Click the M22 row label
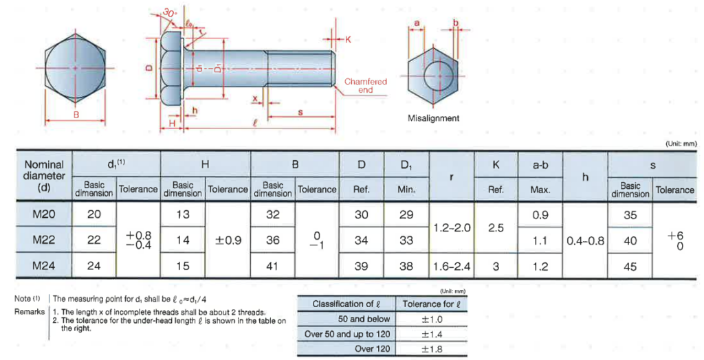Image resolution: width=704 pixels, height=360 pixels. (x=44, y=240)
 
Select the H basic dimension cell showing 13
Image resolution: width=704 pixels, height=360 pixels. (x=183, y=214)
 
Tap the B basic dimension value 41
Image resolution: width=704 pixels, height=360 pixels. (x=273, y=266)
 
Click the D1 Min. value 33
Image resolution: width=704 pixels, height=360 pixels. (x=406, y=240)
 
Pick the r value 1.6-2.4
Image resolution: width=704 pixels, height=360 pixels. (x=452, y=266)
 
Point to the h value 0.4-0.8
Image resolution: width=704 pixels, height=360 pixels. (x=585, y=240)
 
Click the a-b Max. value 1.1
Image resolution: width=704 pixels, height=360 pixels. (x=540, y=240)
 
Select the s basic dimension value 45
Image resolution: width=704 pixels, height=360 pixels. (x=630, y=266)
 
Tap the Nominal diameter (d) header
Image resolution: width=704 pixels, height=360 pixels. (x=44, y=176)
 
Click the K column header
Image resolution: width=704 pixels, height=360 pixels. (x=496, y=165)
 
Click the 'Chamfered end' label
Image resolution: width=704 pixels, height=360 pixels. (x=365, y=85)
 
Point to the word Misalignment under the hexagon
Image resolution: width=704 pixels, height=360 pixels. (x=433, y=118)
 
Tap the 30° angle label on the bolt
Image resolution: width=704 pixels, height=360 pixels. (x=170, y=13)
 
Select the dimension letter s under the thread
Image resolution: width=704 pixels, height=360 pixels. (x=301, y=112)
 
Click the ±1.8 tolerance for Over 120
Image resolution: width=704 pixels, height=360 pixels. (x=431, y=348)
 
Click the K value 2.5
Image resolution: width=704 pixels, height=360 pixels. (x=496, y=227)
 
